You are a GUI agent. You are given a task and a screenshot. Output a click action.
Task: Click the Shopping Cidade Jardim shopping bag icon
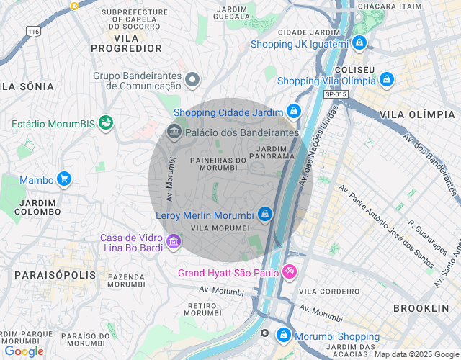pyautogui.click(x=293, y=112)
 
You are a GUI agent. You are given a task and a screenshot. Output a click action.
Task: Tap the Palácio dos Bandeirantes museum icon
pyautogui.click(x=173, y=132)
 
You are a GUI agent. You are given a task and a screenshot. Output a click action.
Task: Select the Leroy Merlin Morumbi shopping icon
pyautogui.click(x=265, y=215)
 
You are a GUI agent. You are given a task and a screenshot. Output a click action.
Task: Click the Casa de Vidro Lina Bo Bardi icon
pyautogui.click(x=173, y=240)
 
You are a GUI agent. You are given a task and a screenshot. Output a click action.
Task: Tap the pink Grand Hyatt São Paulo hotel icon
pyautogui.click(x=289, y=271)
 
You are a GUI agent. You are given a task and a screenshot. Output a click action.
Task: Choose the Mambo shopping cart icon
pyautogui.click(x=64, y=179)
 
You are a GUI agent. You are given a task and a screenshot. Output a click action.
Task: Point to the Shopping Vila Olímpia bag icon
pyautogui.click(x=387, y=79)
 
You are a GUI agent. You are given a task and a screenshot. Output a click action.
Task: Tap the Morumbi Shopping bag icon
pyautogui.click(x=285, y=336)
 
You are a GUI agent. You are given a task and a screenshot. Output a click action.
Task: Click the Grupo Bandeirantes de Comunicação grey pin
pyautogui.click(x=192, y=79)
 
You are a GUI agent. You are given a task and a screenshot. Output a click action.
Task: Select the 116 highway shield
pyautogui.click(x=33, y=32)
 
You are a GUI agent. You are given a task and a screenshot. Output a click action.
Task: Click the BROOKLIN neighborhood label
pyautogui.click(x=421, y=307)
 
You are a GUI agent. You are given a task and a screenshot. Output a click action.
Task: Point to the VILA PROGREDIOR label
pyautogui.click(x=127, y=42)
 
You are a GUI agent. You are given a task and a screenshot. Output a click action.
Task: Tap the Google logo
pyautogui.click(x=24, y=351)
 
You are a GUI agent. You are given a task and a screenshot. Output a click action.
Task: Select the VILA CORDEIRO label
pyautogui.click(x=328, y=291)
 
